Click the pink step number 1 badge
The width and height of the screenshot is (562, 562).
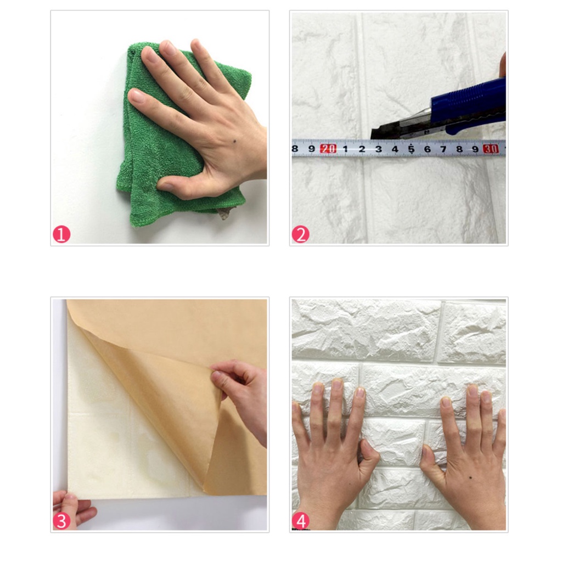click(61, 234)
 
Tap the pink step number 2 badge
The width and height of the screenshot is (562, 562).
click(300, 234)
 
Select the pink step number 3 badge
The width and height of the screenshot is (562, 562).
click(61, 521)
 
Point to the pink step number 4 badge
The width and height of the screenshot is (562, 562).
click(300, 521)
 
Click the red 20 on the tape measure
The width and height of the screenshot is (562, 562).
click(328, 149)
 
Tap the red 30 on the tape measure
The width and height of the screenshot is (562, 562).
click(490, 149)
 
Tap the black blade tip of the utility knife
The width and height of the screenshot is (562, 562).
click(373, 136)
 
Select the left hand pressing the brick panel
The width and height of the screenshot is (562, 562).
click(333, 455)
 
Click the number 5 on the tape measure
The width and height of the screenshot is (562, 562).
click(411, 149)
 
